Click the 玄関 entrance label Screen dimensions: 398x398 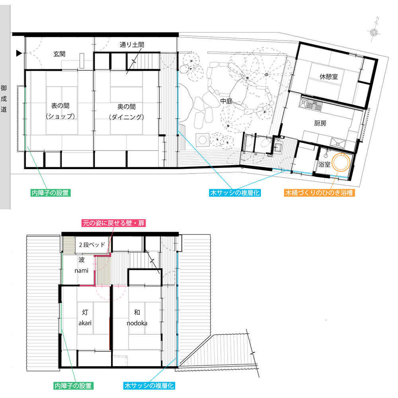point(59,54)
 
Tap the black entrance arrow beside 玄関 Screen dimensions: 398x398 point(19,53)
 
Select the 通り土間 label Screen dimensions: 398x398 point(132,45)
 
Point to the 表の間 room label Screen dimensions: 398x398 point(60,105)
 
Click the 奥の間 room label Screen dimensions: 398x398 point(127,107)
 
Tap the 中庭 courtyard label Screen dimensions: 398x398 point(226,101)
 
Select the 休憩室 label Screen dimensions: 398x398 point(329,76)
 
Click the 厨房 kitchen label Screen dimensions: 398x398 point(320,123)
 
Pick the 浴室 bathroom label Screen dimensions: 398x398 point(324,164)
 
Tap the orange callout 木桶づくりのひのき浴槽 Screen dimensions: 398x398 point(319,193)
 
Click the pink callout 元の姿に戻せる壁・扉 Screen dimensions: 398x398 point(114,223)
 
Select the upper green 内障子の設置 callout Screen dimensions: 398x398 point(50,193)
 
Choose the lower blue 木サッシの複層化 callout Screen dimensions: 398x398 point(149,386)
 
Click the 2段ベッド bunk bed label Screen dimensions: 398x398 point(92,245)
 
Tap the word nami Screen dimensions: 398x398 point(82,271)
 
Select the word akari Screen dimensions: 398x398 point(85,323)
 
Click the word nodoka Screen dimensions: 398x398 point(137,323)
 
